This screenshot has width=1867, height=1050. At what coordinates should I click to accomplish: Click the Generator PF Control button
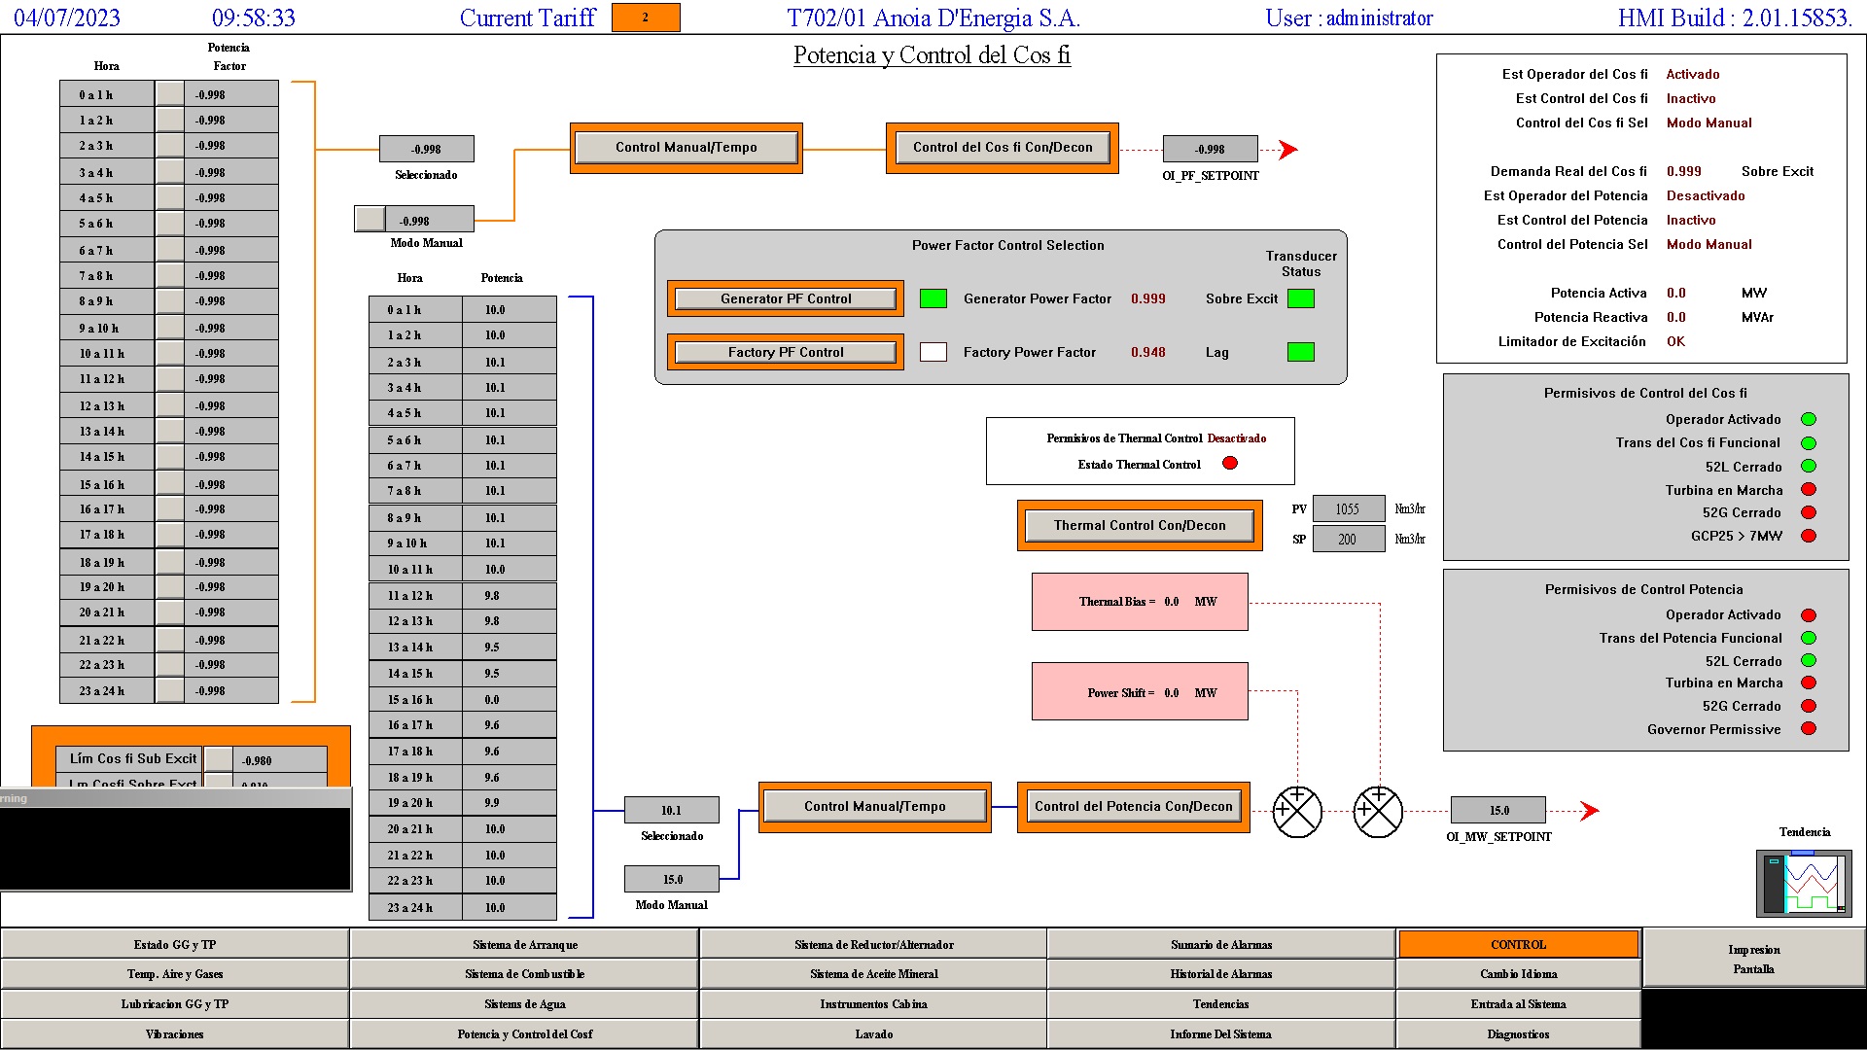[785, 298]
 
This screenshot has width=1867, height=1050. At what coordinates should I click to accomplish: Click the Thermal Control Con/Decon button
[1139, 525]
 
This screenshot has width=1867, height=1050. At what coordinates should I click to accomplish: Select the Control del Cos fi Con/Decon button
[1002, 148]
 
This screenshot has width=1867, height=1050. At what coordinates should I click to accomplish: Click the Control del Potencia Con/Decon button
[1133, 807]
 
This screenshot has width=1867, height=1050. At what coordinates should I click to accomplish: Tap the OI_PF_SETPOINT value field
[1210, 149]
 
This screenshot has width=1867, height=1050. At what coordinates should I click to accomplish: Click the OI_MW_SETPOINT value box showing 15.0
[1497, 810]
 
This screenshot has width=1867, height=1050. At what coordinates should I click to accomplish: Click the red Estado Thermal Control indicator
[1229, 464]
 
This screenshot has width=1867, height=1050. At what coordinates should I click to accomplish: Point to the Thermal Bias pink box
[1139, 602]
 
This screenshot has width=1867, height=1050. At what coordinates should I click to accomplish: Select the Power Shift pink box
[1139, 692]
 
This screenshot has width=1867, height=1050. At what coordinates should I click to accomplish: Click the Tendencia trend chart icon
[1804, 883]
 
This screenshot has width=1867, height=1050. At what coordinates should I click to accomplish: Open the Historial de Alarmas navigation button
[1220, 974]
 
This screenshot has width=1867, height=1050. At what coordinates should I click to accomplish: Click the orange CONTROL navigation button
[1518, 945]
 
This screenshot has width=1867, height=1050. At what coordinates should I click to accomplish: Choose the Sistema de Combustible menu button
[524, 974]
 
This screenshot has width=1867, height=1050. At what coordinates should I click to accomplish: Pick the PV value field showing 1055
[1348, 509]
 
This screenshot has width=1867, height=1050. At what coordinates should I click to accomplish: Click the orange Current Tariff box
[645, 17]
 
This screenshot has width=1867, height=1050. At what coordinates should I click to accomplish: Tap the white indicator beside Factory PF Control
[933, 352]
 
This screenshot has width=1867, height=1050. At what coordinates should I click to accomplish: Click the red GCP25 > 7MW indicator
[1809, 536]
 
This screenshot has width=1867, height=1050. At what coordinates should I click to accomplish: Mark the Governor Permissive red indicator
[1809, 729]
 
